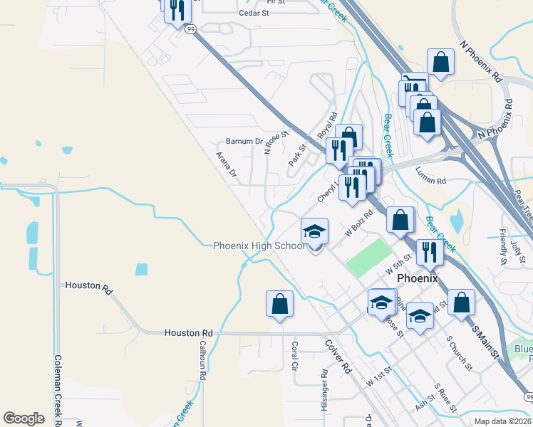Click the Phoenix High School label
tap(258, 246)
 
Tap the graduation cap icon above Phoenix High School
tap(314, 232)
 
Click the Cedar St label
tap(254, 13)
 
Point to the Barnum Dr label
tap(244, 141)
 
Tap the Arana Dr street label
tap(226, 164)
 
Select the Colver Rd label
tap(338, 357)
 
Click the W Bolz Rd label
tap(358, 223)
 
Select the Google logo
tap(24, 418)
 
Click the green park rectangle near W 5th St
tap(368, 256)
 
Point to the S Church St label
tap(459, 354)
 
